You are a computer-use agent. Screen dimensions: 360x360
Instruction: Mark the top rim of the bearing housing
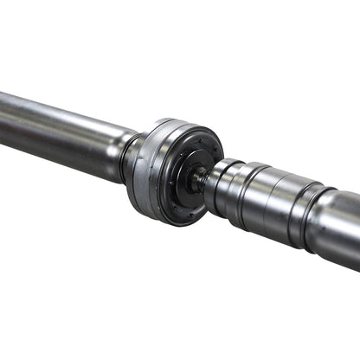177,122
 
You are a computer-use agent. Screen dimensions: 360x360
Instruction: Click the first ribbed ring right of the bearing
221,185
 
